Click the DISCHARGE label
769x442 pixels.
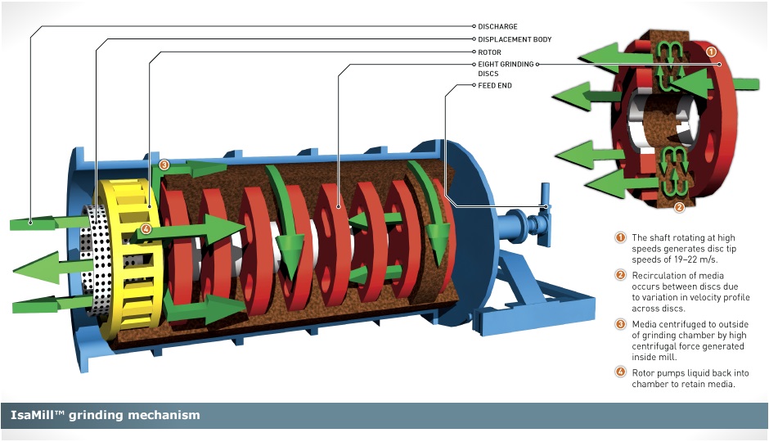497,27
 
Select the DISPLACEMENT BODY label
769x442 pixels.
515,39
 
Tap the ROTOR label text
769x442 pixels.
489,52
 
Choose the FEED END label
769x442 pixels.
494,85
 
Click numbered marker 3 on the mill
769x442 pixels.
164,165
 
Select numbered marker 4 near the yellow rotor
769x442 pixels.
146,229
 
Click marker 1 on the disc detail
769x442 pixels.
711,51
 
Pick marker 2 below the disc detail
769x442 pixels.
678,206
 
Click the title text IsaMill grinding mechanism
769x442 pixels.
106,415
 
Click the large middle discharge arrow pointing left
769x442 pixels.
41,269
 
